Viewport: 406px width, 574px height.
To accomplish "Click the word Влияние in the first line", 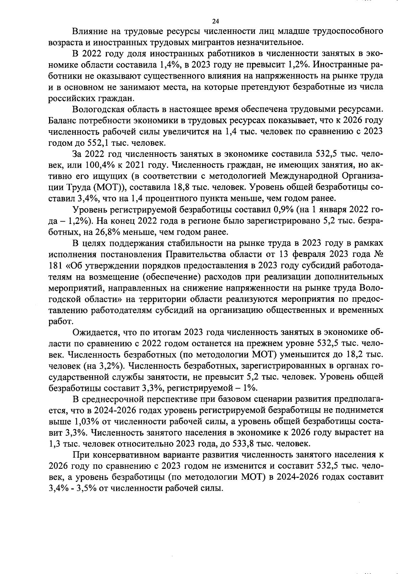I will (89, 31).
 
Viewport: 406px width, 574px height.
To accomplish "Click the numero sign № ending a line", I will (378, 254).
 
